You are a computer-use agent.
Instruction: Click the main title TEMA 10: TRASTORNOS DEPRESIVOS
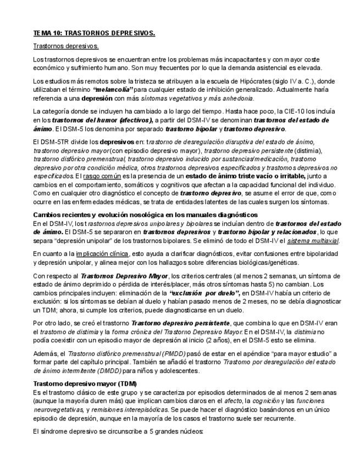pos(94,33)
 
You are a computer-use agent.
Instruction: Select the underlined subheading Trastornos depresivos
pos(66,46)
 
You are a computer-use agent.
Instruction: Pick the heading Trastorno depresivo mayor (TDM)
pos(78,384)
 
